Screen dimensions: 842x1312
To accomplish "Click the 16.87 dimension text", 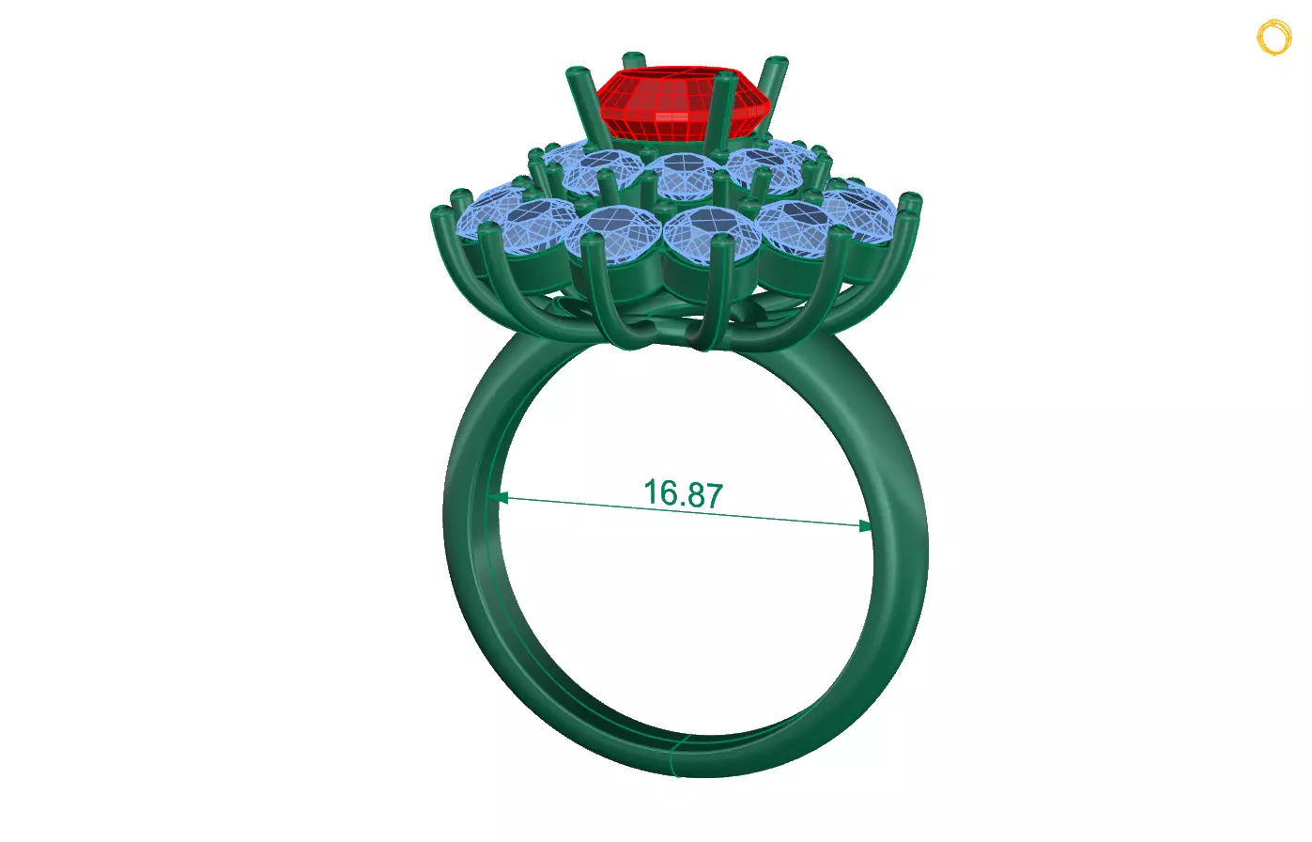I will pyautogui.click(x=683, y=493).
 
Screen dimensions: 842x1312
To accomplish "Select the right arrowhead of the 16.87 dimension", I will pyautogui.click(x=865, y=526).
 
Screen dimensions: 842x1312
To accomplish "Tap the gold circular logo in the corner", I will pyautogui.click(x=1273, y=38).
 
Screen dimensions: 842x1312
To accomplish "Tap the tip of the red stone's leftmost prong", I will pyautogui.click(x=577, y=72).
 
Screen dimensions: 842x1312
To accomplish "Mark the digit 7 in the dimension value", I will pyautogui.click(x=714, y=496).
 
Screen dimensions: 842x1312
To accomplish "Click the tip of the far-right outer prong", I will pyautogui.click(x=910, y=200).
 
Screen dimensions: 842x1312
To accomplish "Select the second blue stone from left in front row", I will pyautogui.click(x=615, y=235).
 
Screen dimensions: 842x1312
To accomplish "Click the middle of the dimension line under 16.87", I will pyautogui.click(x=683, y=512).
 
